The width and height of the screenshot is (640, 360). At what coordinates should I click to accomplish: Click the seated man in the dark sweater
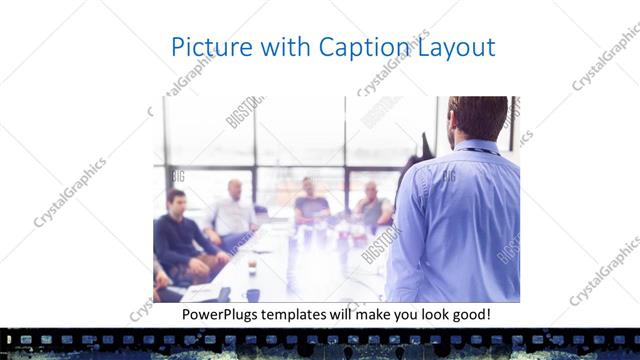(x=178, y=235)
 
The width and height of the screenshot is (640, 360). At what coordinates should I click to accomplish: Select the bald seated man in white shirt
(x=233, y=211)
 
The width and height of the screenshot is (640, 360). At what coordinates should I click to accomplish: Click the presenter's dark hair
(x=478, y=108)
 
